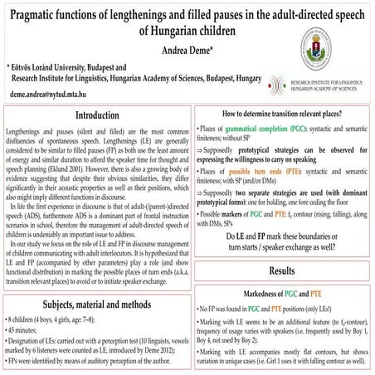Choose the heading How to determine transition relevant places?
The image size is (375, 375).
[x=283, y=113]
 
